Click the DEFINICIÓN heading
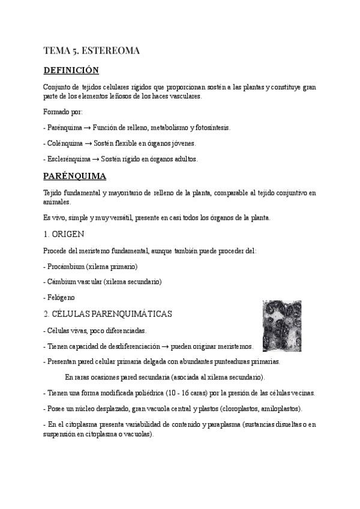[71, 70]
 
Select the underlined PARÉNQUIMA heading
[75, 176]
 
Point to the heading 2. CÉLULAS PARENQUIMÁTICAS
[107, 314]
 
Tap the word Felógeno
[61, 297]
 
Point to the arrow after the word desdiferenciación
[164, 346]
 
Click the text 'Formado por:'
[64, 112]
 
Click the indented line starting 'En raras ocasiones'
[164, 378]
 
